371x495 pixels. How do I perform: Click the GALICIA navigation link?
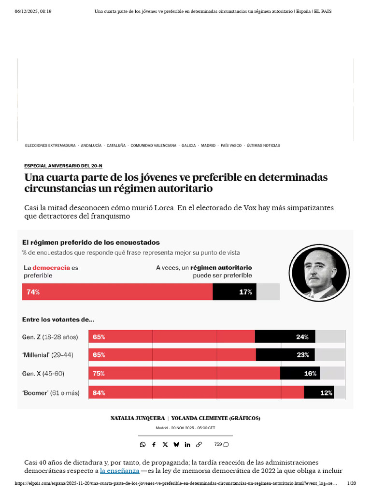(x=188, y=146)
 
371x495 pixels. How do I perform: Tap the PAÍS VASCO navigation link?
(x=231, y=146)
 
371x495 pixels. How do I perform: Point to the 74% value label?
(x=33, y=292)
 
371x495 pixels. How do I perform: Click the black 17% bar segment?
(x=234, y=292)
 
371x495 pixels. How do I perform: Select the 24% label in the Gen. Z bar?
(x=302, y=337)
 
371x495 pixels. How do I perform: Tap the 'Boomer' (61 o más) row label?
(x=51, y=393)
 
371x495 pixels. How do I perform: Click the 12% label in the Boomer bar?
(x=326, y=393)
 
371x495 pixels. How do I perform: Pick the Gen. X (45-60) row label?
(x=43, y=374)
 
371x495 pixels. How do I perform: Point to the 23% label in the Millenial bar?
(x=303, y=355)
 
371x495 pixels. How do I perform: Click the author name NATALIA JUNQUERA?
(x=137, y=418)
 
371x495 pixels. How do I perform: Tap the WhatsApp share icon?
(x=143, y=444)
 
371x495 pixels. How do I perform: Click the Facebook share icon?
(x=154, y=444)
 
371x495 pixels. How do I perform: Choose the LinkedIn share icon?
(x=187, y=444)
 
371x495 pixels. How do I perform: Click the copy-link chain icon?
(x=199, y=444)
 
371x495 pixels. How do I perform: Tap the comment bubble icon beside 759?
(x=226, y=444)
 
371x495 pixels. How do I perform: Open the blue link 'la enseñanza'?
(x=119, y=470)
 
